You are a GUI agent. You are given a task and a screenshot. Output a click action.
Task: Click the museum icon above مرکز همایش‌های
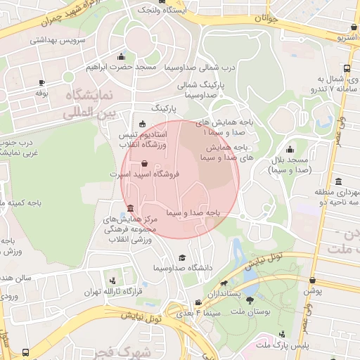pos(131,208)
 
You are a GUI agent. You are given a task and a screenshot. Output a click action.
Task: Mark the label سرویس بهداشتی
pos(57,41)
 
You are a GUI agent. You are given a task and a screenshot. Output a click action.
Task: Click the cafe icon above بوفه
pos(41,82)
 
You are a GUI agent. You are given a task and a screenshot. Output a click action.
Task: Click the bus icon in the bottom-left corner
pos(26,352)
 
